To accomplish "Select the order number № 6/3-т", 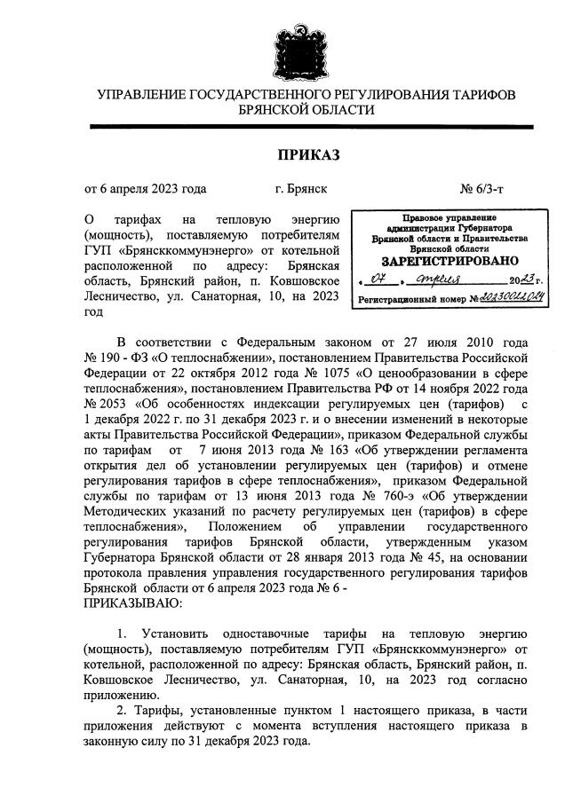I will [482, 188].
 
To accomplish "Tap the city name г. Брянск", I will [300, 188].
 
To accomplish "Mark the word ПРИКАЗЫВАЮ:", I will [132, 603].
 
